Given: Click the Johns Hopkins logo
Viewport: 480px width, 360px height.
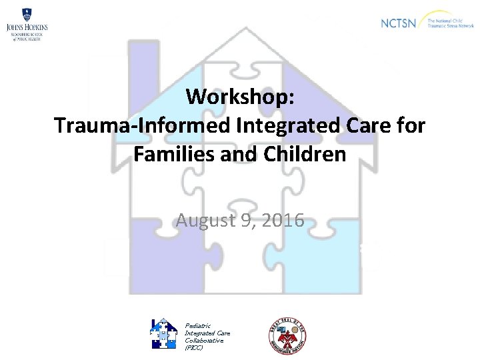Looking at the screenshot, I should pos(27,25).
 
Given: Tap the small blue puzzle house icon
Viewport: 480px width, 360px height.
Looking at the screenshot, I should pos(163,334).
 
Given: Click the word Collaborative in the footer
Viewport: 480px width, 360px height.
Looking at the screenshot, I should pos(204,341).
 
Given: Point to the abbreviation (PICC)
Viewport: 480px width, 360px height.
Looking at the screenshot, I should pos(194,348).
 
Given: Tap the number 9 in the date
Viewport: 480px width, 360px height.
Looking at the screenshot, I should pos(247,221).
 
